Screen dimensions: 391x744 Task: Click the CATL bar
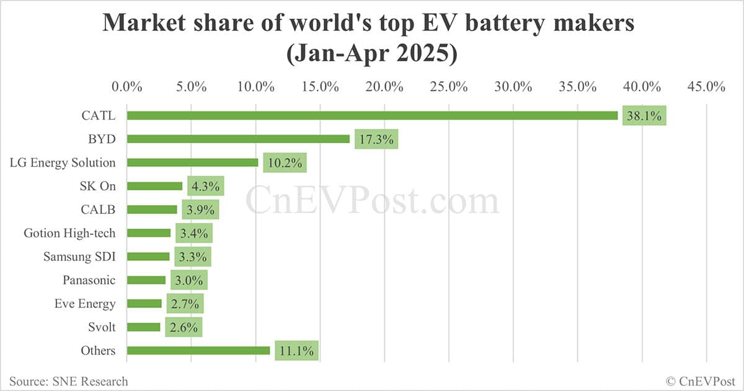coord(372,115)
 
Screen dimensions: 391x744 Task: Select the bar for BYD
coord(239,139)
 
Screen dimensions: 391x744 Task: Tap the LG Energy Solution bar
coord(193,162)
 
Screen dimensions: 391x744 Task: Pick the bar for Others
coord(198,351)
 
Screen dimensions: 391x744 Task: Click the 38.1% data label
coord(645,116)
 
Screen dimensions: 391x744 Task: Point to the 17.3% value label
coord(376,139)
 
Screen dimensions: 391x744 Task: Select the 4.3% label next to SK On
coord(205,187)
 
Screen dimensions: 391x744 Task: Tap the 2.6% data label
coord(184,327)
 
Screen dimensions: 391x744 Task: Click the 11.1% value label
coord(297,351)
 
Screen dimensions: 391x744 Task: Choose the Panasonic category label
coord(89,280)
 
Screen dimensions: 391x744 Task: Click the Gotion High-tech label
coord(69,233)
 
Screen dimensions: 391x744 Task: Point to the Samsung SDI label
coord(79,257)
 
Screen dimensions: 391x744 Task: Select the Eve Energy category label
coord(84,304)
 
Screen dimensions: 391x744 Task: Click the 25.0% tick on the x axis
coord(449,87)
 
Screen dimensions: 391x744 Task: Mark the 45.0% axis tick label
coord(706,87)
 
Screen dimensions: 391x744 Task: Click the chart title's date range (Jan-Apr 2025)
coord(371,55)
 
